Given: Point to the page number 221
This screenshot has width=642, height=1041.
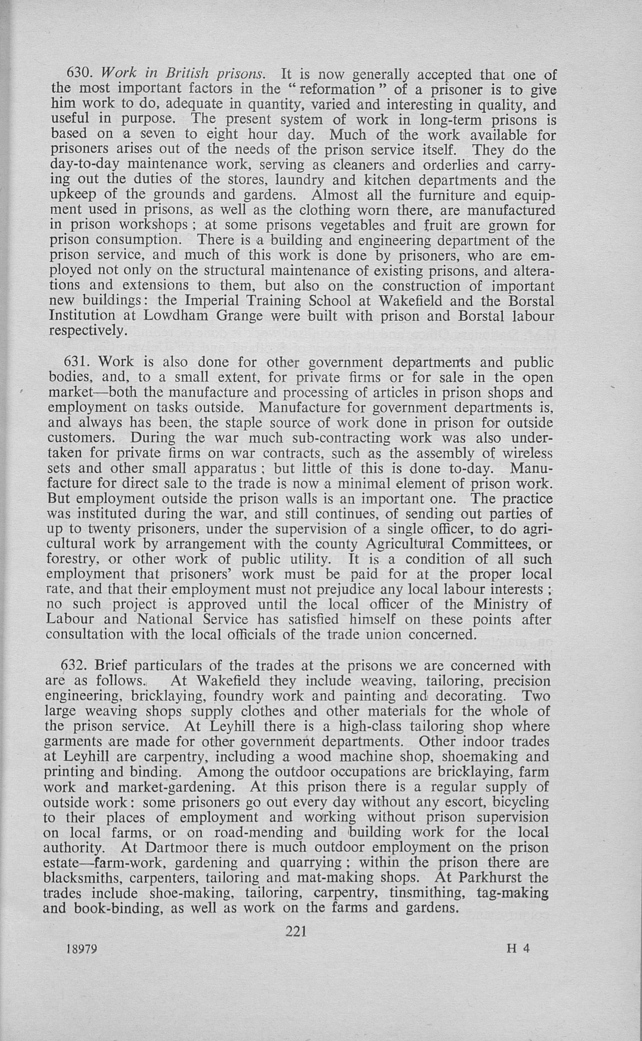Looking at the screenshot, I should point(296,931).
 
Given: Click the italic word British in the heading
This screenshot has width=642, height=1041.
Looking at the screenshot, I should point(187,74).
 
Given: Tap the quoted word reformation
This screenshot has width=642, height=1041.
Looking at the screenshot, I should point(348,89).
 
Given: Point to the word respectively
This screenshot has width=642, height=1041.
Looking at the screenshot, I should point(87,330).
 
